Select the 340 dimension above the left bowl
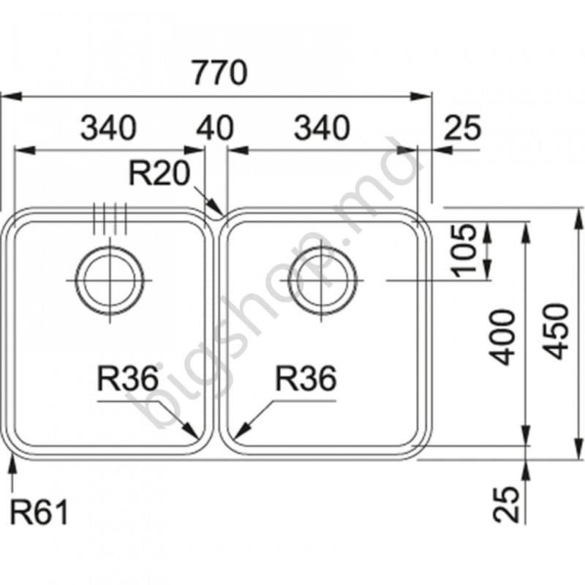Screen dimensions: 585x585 (x=107, y=129)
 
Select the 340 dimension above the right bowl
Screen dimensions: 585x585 (x=322, y=129)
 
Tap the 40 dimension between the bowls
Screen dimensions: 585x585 (x=215, y=129)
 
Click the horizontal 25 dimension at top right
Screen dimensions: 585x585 (x=463, y=129)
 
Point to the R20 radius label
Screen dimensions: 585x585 (x=159, y=174)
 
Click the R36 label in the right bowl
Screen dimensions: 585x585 (x=306, y=380)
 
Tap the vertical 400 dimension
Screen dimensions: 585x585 (x=503, y=337)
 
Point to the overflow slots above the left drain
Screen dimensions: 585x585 (x=110, y=218)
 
